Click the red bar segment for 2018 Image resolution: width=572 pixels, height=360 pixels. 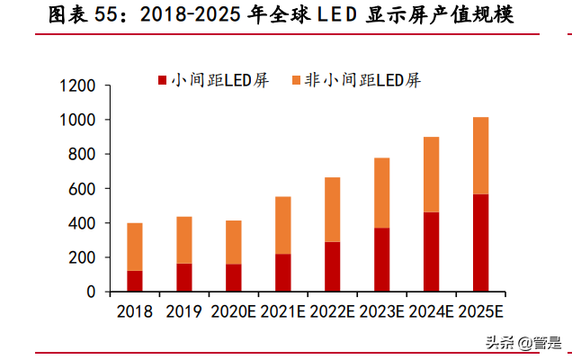tap(135, 281)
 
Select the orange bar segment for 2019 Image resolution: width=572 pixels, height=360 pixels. tap(184, 240)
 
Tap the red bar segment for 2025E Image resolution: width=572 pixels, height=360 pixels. tap(480, 243)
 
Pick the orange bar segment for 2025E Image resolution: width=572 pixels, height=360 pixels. tap(480, 156)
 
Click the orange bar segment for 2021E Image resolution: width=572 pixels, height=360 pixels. tap(283, 225)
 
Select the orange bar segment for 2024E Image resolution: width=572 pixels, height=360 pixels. tap(431, 175)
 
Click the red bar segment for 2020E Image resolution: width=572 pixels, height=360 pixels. tap(234, 277)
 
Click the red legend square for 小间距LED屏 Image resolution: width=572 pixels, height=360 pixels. tap(163, 80)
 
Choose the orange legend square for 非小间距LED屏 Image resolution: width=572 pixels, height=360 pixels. tap(295, 80)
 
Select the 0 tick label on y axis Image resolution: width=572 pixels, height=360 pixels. tap(90, 292)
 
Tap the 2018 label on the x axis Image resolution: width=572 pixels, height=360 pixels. tap(135, 311)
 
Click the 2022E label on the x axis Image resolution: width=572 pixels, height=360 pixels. tap(332, 311)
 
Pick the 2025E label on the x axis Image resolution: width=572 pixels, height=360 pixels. tap(480, 311)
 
